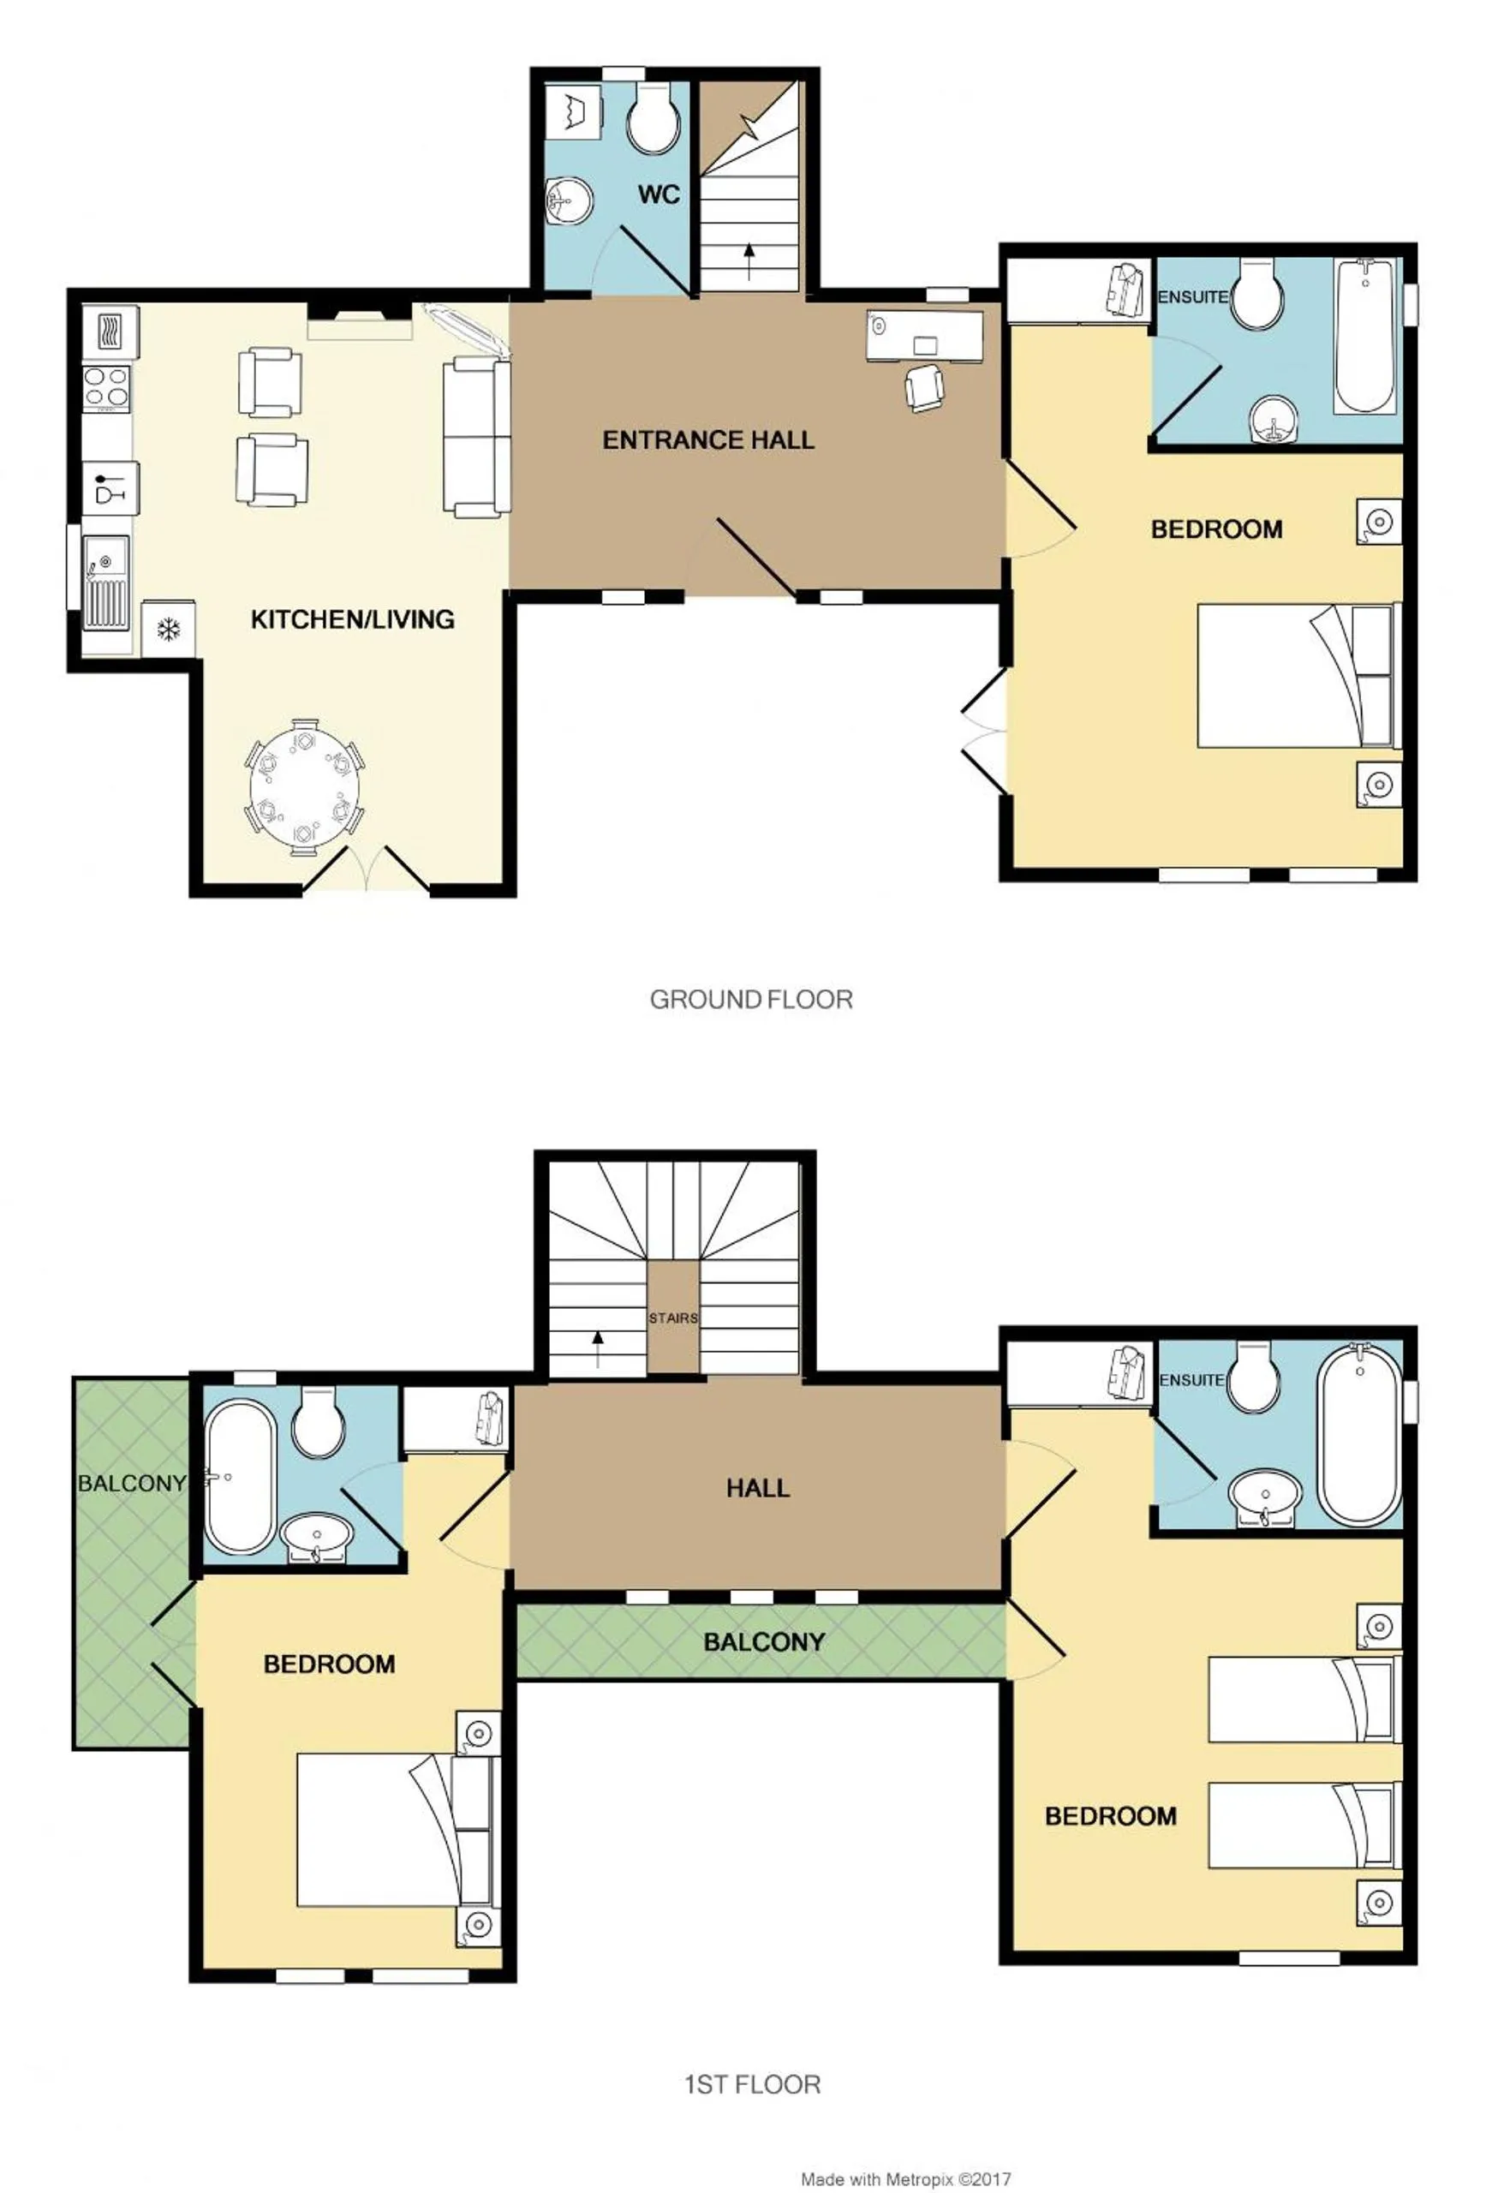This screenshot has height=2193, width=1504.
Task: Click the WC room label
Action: tap(659, 195)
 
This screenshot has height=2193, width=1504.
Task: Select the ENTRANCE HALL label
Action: tap(707, 439)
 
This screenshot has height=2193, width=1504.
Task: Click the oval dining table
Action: tap(305, 787)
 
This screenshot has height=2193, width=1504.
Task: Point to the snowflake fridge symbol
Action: tap(168, 629)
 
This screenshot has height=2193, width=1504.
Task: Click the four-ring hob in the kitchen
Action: tap(106, 388)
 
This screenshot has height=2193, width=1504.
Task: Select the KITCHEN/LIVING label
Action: tap(352, 620)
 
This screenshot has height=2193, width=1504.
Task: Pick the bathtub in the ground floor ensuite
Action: tap(1364, 336)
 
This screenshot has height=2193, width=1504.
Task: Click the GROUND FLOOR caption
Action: tap(751, 1000)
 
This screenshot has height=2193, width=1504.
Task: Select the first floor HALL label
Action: tap(758, 1489)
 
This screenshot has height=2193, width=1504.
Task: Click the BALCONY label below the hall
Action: tap(764, 1642)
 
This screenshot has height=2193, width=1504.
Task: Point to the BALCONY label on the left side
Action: tap(131, 1484)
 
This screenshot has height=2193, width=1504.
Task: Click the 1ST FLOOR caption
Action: tap(752, 2084)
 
